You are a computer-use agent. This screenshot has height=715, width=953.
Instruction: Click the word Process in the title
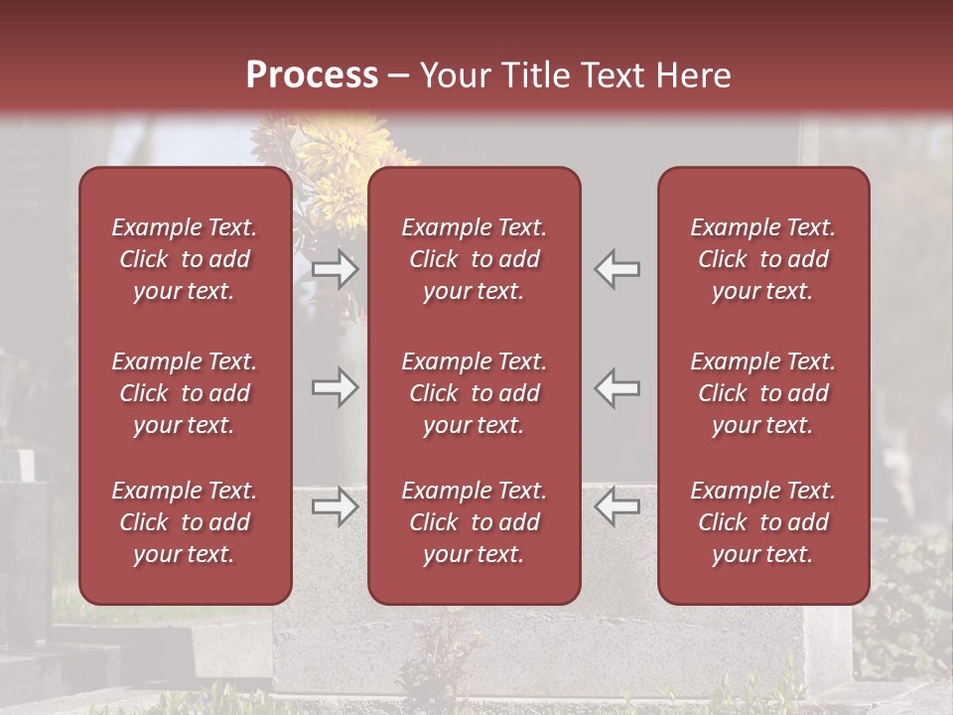(312, 75)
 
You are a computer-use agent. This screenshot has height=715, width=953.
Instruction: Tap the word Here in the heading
(694, 75)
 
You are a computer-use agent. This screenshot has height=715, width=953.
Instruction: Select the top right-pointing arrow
(335, 269)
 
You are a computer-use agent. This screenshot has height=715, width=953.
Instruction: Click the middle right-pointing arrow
(335, 387)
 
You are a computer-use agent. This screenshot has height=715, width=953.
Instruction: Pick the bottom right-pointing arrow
(335, 506)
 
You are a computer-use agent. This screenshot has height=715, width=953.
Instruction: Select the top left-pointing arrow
(617, 269)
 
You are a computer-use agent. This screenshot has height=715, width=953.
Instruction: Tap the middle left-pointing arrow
(617, 387)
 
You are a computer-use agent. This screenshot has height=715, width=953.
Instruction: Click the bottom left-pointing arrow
(617, 506)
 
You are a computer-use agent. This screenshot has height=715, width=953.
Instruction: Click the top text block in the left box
(185, 259)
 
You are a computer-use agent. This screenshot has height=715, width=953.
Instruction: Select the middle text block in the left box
(185, 393)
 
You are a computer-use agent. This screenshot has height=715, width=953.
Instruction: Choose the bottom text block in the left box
(185, 522)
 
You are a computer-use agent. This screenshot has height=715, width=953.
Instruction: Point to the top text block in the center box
(474, 259)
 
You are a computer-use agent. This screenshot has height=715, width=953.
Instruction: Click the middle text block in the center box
(474, 393)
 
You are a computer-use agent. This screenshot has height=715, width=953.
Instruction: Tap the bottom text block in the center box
(474, 522)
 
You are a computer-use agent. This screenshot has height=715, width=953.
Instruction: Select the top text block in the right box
(762, 259)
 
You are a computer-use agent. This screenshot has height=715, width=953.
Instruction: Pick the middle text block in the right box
(762, 393)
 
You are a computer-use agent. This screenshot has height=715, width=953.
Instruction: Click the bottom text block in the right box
(762, 522)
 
